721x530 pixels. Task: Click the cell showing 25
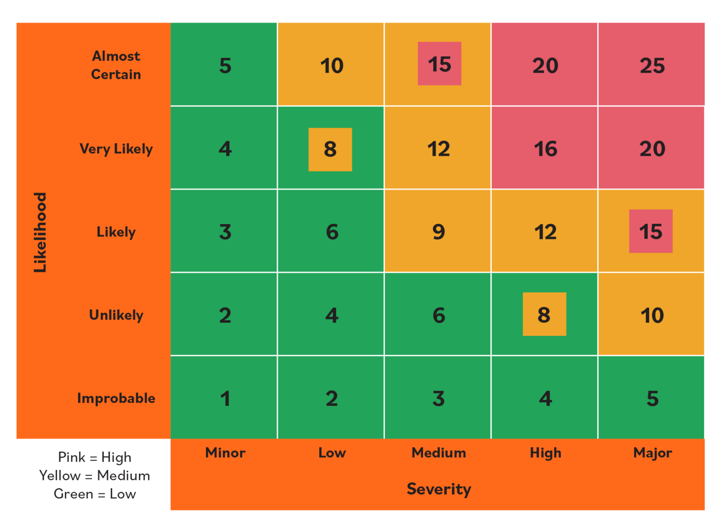coord(652,65)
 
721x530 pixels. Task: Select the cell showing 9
coord(438,231)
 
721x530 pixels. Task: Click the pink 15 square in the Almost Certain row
coord(439,64)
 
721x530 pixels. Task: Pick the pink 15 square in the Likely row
coord(651,231)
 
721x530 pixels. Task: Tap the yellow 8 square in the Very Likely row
coord(330,149)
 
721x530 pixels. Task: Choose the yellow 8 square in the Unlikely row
coord(544,314)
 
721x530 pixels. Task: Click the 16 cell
coord(545,149)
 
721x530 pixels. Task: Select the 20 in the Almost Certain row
coord(545,65)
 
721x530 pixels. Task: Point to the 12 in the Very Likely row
coord(438,149)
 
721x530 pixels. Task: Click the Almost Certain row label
coord(116,65)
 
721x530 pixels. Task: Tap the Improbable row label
coord(116,398)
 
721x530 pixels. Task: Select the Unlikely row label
coord(116,315)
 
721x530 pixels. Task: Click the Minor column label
coord(225,453)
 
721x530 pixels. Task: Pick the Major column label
coord(652,453)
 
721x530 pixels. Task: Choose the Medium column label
coord(438,453)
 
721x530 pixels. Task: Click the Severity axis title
coord(438,489)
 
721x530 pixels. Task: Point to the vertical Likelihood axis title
coord(40,232)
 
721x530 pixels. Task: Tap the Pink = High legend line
coord(94,457)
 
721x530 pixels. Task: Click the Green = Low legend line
coord(94,493)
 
